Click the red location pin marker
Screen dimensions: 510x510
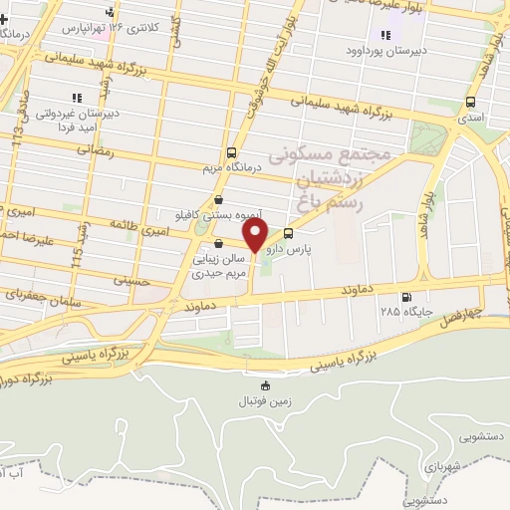[255, 236]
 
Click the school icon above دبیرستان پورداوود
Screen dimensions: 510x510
[385, 35]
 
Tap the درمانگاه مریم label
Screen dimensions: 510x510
[231, 167]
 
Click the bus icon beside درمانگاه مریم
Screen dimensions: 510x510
[231, 153]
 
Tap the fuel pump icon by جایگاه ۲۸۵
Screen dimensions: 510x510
[404, 297]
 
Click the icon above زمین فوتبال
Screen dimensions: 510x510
[265, 386]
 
